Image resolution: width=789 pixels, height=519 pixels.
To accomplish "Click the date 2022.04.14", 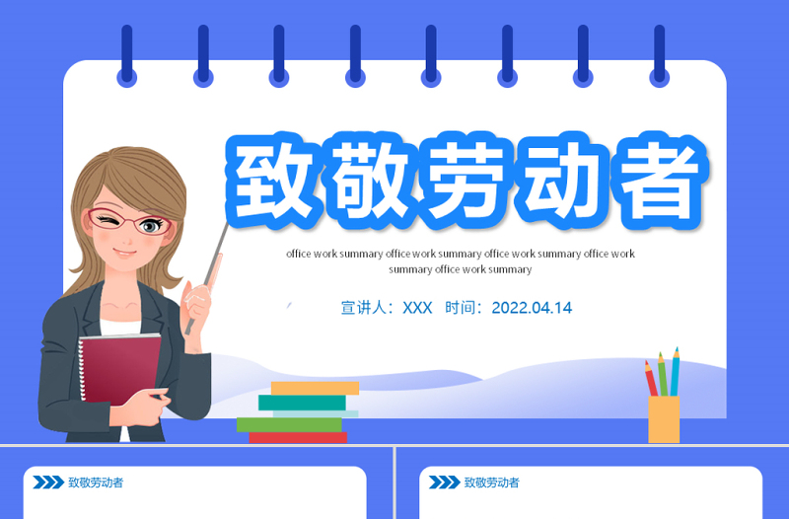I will point(531,308).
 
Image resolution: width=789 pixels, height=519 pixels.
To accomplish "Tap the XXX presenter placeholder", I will point(417,308).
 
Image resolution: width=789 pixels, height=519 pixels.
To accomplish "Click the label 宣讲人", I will point(366,308).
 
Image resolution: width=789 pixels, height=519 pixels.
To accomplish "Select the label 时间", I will point(465,308).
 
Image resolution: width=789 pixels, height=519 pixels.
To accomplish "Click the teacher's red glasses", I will point(128,222).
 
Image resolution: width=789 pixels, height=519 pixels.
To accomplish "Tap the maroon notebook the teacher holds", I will point(118,365).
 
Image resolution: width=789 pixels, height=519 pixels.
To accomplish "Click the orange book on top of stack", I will point(314,388).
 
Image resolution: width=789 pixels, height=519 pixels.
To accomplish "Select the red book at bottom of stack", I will point(297,437).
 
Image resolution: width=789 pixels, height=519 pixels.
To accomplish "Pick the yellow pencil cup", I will point(664,419).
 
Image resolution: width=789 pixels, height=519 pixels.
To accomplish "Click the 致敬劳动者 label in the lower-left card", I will point(96,482).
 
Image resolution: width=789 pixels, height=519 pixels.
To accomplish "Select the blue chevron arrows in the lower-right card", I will point(444,482).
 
